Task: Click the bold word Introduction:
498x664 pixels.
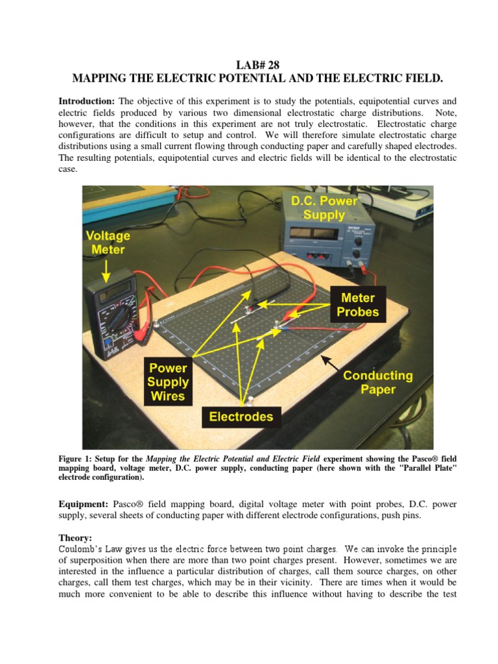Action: (x=86, y=101)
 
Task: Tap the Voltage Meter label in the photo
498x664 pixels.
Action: (x=108, y=243)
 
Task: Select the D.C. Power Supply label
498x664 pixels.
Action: (x=324, y=207)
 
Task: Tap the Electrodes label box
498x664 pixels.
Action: (x=241, y=417)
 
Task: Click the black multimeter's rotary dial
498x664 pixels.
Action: (x=119, y=322)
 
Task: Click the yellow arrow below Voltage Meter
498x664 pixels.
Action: (x=107, y=268)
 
